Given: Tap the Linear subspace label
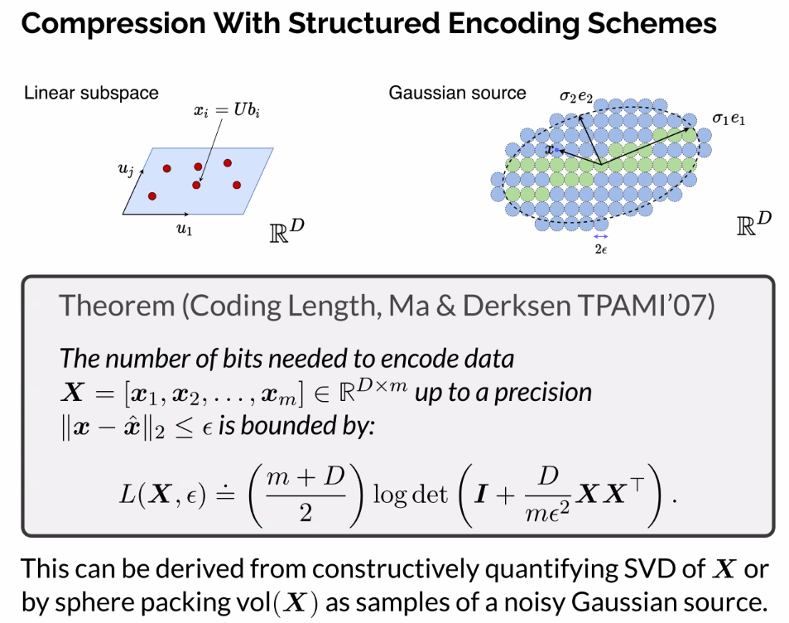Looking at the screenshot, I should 91,93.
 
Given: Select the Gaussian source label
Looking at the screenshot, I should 457,93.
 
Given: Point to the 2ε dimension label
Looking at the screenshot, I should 600,247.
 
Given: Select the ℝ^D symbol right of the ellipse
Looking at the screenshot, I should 754,224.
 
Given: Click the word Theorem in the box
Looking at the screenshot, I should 117,307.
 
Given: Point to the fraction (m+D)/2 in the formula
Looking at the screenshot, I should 305,495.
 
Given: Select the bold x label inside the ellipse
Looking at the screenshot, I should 548,149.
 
